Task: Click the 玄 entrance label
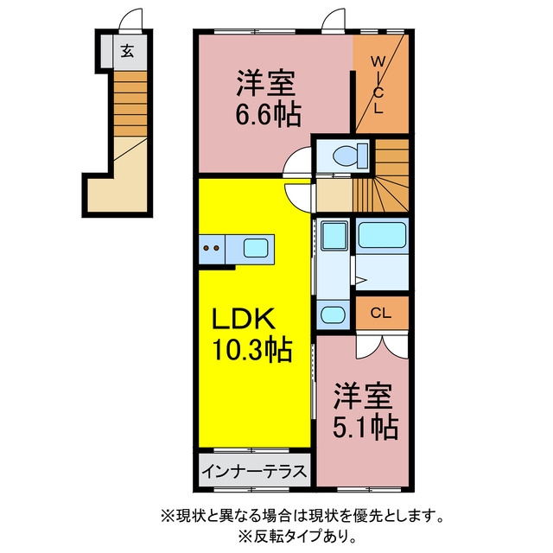coord(127,52)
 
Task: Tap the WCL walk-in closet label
coord(378,85)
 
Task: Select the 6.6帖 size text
coord(269,114)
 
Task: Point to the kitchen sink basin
coord(256,248)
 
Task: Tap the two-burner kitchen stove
coord(212,249)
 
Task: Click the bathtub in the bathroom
coord(382,234)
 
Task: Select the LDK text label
coord(243,319)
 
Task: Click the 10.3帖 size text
coord(251,350)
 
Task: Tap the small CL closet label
coord(381,313)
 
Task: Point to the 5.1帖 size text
coord(365,428)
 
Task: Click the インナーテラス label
coord(254,471)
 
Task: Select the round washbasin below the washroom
coord(334,315)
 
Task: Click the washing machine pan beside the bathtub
coord(334,234)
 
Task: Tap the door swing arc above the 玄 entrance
coord(130,20)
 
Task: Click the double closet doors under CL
coord(382,346)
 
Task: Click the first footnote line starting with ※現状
coord(302,517)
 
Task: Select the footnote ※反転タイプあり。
coord(298,537)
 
